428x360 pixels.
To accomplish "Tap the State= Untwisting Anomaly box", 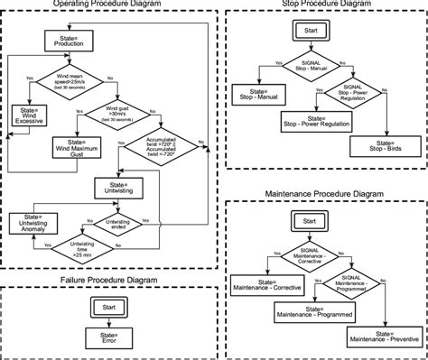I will [x=31, y=223].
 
